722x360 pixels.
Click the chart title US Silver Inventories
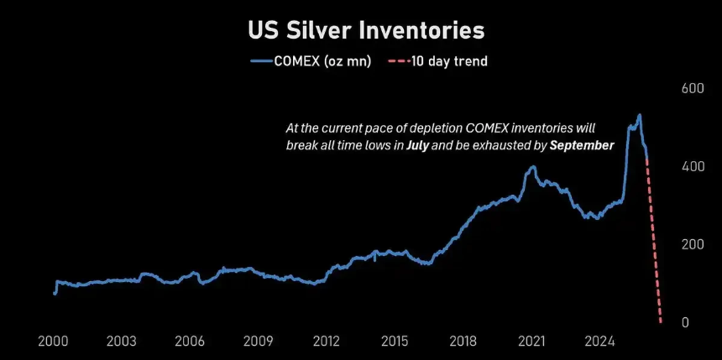[x=366, y=30]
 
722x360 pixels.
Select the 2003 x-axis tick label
[x=123, y=342]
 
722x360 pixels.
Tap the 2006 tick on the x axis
[x=191, y=342]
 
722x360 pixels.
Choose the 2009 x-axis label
[x=259, y=342]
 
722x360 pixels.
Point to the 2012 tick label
[x=327, y=342]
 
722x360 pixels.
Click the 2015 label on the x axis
[x=395, y=342]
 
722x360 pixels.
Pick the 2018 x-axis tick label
[x=463, y=342]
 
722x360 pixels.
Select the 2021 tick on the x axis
[x=531, y=342]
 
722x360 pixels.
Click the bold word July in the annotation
[x=419, y=144]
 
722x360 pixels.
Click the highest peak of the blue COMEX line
[x=640, y=115]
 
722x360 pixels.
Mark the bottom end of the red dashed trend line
[x=661, y=322]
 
